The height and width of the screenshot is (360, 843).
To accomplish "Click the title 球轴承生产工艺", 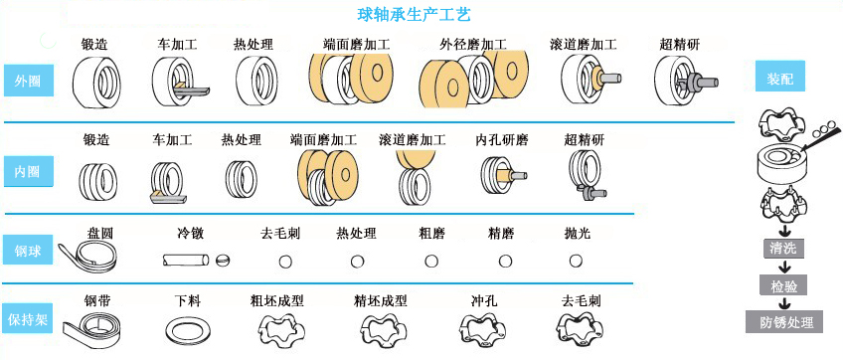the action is tap(414, 15).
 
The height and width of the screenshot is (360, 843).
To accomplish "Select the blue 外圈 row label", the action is tap(29, 81).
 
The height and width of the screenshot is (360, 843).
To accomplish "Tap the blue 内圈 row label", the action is tap(29, 172).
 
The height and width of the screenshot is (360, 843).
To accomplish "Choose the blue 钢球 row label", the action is tap(29, 250).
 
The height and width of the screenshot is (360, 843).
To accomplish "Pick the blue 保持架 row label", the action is tap(29, 319).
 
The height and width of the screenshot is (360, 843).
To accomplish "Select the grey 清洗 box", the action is tap(783, 249).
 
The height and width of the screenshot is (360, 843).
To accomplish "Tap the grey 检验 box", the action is tap(784, 285).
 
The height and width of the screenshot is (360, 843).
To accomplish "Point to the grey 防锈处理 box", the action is tap(784, 322).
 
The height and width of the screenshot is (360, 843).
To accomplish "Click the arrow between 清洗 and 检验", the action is tap(784, 267).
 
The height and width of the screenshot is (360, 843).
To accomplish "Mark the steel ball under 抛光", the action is tap(576, 261).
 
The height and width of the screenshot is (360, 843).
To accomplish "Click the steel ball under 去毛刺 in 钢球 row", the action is tap(286, 261).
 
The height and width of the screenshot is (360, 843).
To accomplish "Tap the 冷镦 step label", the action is tap(191, 233).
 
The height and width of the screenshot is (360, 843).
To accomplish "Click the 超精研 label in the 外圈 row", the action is tap(680, 44).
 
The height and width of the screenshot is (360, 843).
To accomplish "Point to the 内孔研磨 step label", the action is tap(502, 140).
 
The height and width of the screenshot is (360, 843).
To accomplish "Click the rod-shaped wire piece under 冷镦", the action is tap(186, 261).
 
